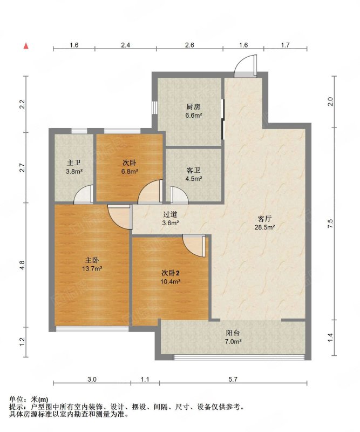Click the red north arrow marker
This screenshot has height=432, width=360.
pyautogui.click(x=26, y=46)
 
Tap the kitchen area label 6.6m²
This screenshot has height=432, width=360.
pyautogui.click(x=194, y=116)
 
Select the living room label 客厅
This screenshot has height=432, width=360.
pyautogui.click(x=264, y=219)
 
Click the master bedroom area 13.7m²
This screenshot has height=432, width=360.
pyautogui.click(x=92, y=268)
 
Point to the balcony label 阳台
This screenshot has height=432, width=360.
pyautogui.click(x=233, y=333)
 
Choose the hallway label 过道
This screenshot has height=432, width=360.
pyautogui.click(x=170, y=214)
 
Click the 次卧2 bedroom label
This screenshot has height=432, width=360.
pyautogui.click(x=170, y=273)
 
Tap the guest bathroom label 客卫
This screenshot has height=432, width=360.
pyautogui.click(x=194, y=170)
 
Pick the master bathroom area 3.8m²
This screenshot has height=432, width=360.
pyautogui.click(x=74, y=171)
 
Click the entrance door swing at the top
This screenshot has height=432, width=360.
pyautogui.click(x=246, y=66)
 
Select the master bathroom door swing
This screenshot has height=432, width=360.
pyautogui.click(x=84, y=194)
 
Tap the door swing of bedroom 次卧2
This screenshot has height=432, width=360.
pyautogui.click(x=194, y=246)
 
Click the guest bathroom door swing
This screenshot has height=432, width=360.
pyautogui.click(x=179, y=195)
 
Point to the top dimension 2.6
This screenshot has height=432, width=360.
pyautogui.click(x=189, y=45)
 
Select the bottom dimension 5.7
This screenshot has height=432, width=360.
pyautogui.click(x=233, y=380)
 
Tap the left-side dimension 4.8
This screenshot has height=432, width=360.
pyautogui.click(x=22, y=265)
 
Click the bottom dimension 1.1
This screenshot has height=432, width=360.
pyautogui.click(x=145, y=380)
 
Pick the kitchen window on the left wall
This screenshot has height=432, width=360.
pyautogui.click(x=154, y=107)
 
